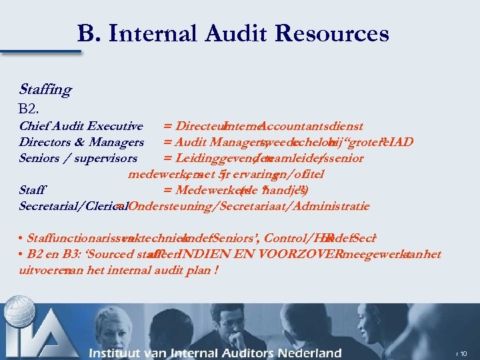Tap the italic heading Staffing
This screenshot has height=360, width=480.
[x=45, y=89]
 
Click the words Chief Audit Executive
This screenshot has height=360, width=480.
[x=81, y=126]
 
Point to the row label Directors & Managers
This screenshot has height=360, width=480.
[x=81, y=142]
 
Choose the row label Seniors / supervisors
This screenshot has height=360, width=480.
[x=78, y=158]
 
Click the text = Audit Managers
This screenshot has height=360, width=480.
[x=212, y=142]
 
